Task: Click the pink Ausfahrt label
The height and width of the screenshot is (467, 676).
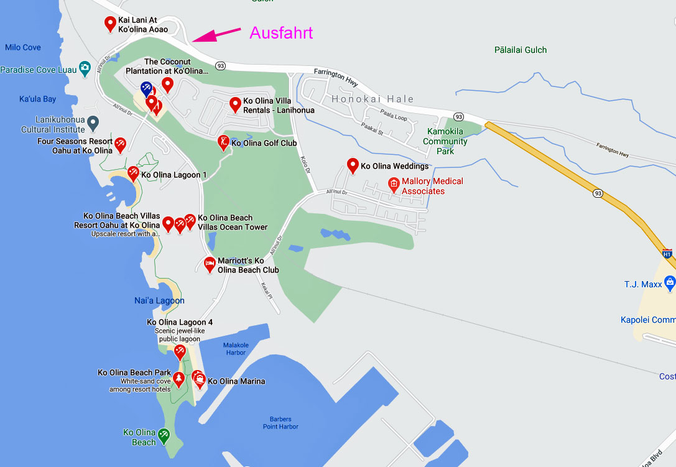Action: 281,33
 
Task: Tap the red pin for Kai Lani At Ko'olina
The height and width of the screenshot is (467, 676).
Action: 110,24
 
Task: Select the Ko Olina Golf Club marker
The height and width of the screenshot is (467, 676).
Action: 223,142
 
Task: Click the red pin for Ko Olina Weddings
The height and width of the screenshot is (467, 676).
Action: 353,165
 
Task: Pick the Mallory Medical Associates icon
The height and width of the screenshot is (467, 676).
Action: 393,183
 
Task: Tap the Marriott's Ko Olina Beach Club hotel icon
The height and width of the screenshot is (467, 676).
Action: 210,264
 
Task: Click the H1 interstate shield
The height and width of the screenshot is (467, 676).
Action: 667,254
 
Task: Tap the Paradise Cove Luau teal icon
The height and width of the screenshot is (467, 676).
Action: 85,69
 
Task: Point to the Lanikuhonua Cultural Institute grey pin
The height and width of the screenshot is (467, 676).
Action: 93,123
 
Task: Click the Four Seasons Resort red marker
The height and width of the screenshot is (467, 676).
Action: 121,144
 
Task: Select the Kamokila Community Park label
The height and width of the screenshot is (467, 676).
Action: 445,141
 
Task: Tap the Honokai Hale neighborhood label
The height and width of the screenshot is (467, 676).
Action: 373,99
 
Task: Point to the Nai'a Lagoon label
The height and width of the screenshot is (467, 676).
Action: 159,300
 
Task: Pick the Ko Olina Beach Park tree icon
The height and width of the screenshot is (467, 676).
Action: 178,379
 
